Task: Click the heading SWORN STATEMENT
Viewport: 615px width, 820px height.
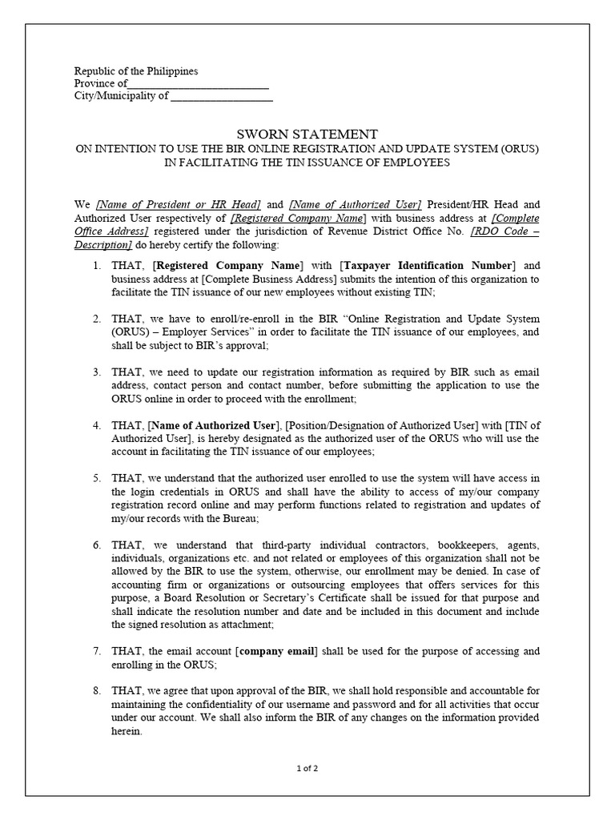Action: point(307,135)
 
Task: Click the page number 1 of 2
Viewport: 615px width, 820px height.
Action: point(307,769)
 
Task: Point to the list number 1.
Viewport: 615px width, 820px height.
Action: point(95,266)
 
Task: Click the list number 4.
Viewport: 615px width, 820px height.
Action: point(95,425)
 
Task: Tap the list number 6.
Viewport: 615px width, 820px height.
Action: point(95,545)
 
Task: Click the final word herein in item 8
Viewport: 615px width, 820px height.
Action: point(127,732)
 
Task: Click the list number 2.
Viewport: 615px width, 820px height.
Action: point(95,319)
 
